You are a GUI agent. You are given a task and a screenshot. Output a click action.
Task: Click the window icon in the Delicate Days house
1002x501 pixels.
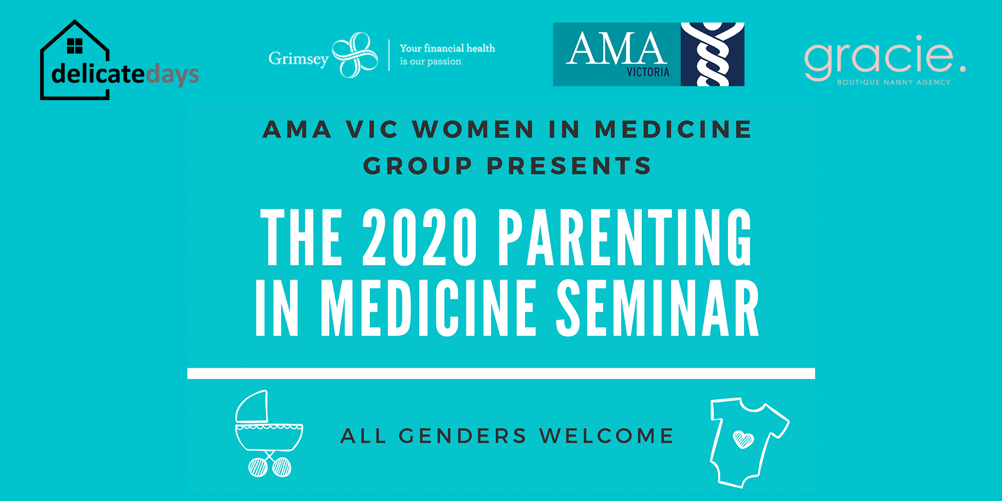point(75,46)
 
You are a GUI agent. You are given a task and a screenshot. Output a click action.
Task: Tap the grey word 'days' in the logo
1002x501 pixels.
point(172,76)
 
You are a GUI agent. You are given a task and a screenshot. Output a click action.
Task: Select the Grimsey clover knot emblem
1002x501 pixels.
point(355,55)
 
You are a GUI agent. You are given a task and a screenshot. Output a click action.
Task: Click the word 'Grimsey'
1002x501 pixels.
point(299,59)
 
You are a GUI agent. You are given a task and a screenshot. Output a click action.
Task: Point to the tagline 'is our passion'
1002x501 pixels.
point(430,62)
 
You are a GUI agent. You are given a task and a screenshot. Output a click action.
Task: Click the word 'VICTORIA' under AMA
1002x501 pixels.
point(648,72)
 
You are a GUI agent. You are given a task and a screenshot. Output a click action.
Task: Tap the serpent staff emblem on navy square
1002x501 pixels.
point(712,54)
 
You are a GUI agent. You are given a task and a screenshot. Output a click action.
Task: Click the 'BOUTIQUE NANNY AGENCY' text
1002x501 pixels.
point(894,82)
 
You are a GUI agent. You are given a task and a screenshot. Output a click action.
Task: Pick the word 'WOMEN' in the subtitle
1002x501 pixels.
point(473,129)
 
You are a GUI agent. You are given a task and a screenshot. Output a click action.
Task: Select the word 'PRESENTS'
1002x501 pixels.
point(569,166)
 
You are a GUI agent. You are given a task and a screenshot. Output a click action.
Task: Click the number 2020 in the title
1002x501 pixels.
point(420,237)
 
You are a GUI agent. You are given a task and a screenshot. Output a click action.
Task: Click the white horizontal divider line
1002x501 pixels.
point(501,373)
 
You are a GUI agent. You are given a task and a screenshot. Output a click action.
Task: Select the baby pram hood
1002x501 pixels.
point(252,406)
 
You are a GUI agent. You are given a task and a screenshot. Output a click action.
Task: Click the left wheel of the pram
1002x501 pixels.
point(258,467)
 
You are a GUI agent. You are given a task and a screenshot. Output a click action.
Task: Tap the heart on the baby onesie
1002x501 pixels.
point(743,439)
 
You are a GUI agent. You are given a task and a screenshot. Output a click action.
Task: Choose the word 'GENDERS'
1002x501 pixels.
point(462,436)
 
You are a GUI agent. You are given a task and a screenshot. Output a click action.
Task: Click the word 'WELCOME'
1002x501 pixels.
point(607,436)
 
